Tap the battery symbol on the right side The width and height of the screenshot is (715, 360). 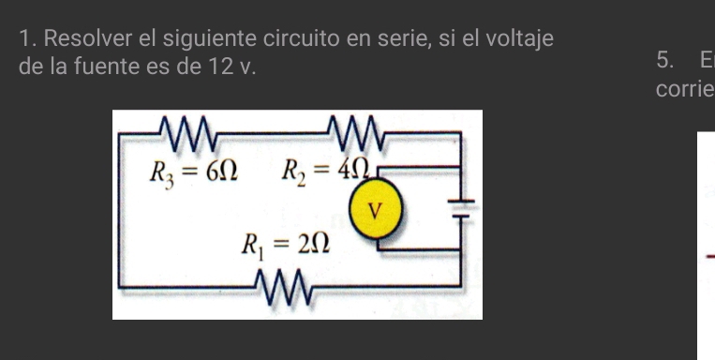tap(461, 207)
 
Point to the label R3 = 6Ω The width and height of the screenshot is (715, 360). tap(194, 172)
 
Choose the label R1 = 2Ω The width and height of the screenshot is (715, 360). tap(286, 246)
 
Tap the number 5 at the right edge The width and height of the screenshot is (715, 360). tap(663, 62)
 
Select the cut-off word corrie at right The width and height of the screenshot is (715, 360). tap(685, 90)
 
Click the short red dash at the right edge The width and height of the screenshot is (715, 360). tap(709, 256)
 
